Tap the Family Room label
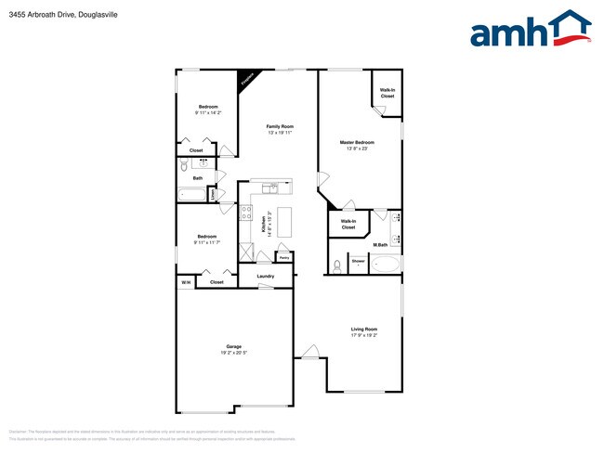(280, 126)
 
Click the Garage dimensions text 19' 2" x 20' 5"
(233, 352)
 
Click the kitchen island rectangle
(285, 221)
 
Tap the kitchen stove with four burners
(247, 214)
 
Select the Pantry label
(284, 257)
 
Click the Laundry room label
(265, 276)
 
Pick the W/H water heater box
(186, 282)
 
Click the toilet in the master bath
(336, 265)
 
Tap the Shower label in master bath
(358, 262)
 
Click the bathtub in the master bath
(386, 264)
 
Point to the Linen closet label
(215, 195)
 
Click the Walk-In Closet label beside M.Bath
(348, 224)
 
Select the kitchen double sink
(269, 188)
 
